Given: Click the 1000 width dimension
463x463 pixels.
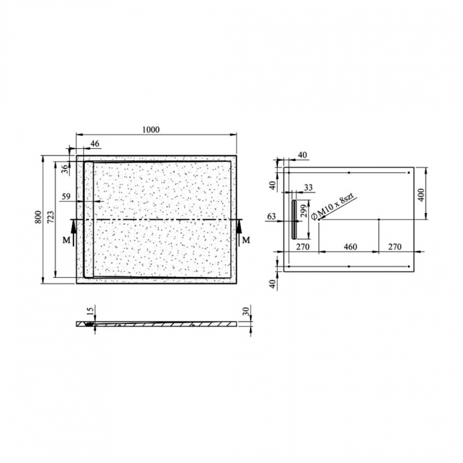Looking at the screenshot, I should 150,130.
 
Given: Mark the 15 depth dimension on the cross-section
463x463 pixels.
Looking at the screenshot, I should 88,311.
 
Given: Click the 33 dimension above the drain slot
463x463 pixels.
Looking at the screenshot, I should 308,188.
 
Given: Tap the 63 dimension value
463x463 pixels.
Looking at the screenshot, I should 271,216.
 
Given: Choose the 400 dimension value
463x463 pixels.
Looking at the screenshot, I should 421,194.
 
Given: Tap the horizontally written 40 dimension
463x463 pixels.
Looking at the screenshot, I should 303,155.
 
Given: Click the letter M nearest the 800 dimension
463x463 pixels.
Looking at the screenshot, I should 66,241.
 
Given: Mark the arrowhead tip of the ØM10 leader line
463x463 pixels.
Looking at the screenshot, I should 318,219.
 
